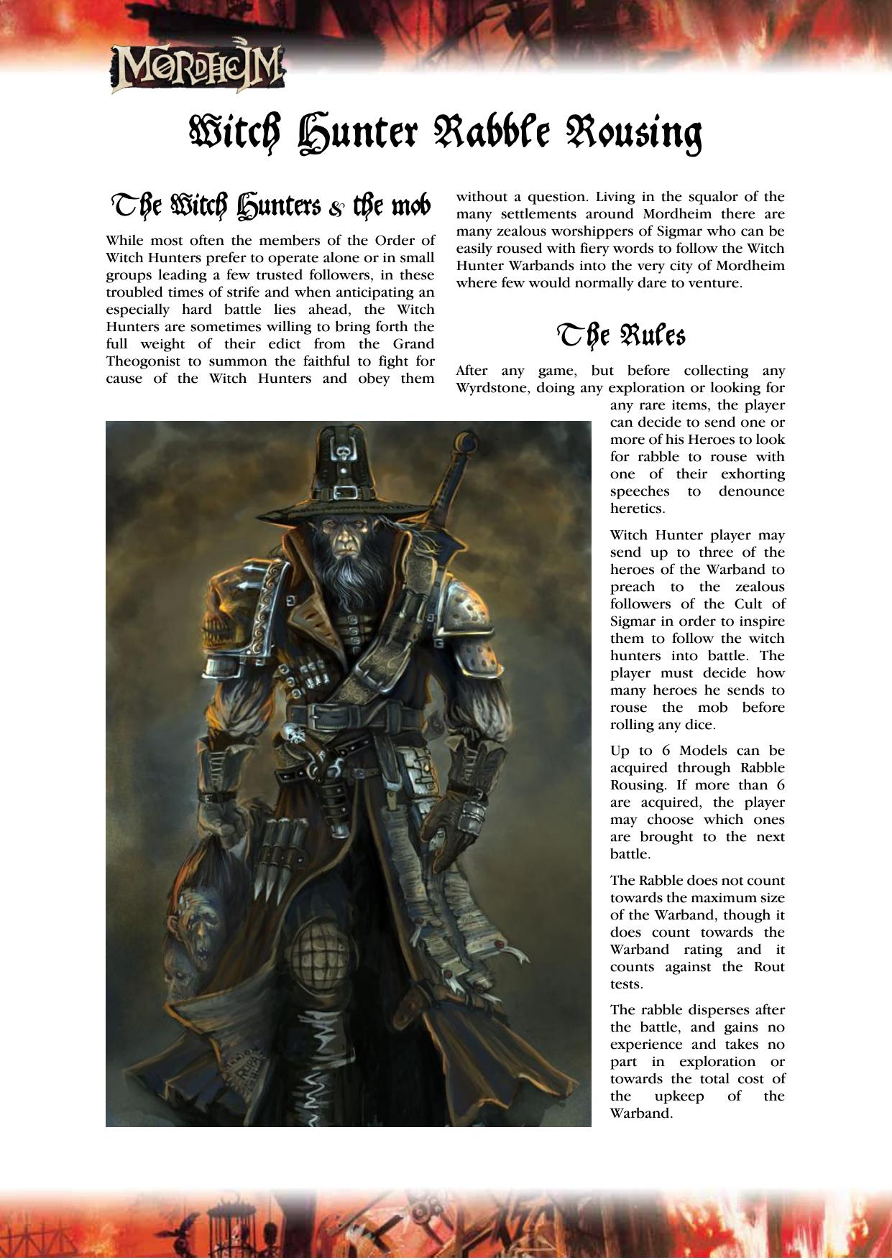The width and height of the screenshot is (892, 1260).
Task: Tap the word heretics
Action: (638, 509)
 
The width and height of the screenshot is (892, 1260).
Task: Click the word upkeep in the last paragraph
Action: (679, 1096)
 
